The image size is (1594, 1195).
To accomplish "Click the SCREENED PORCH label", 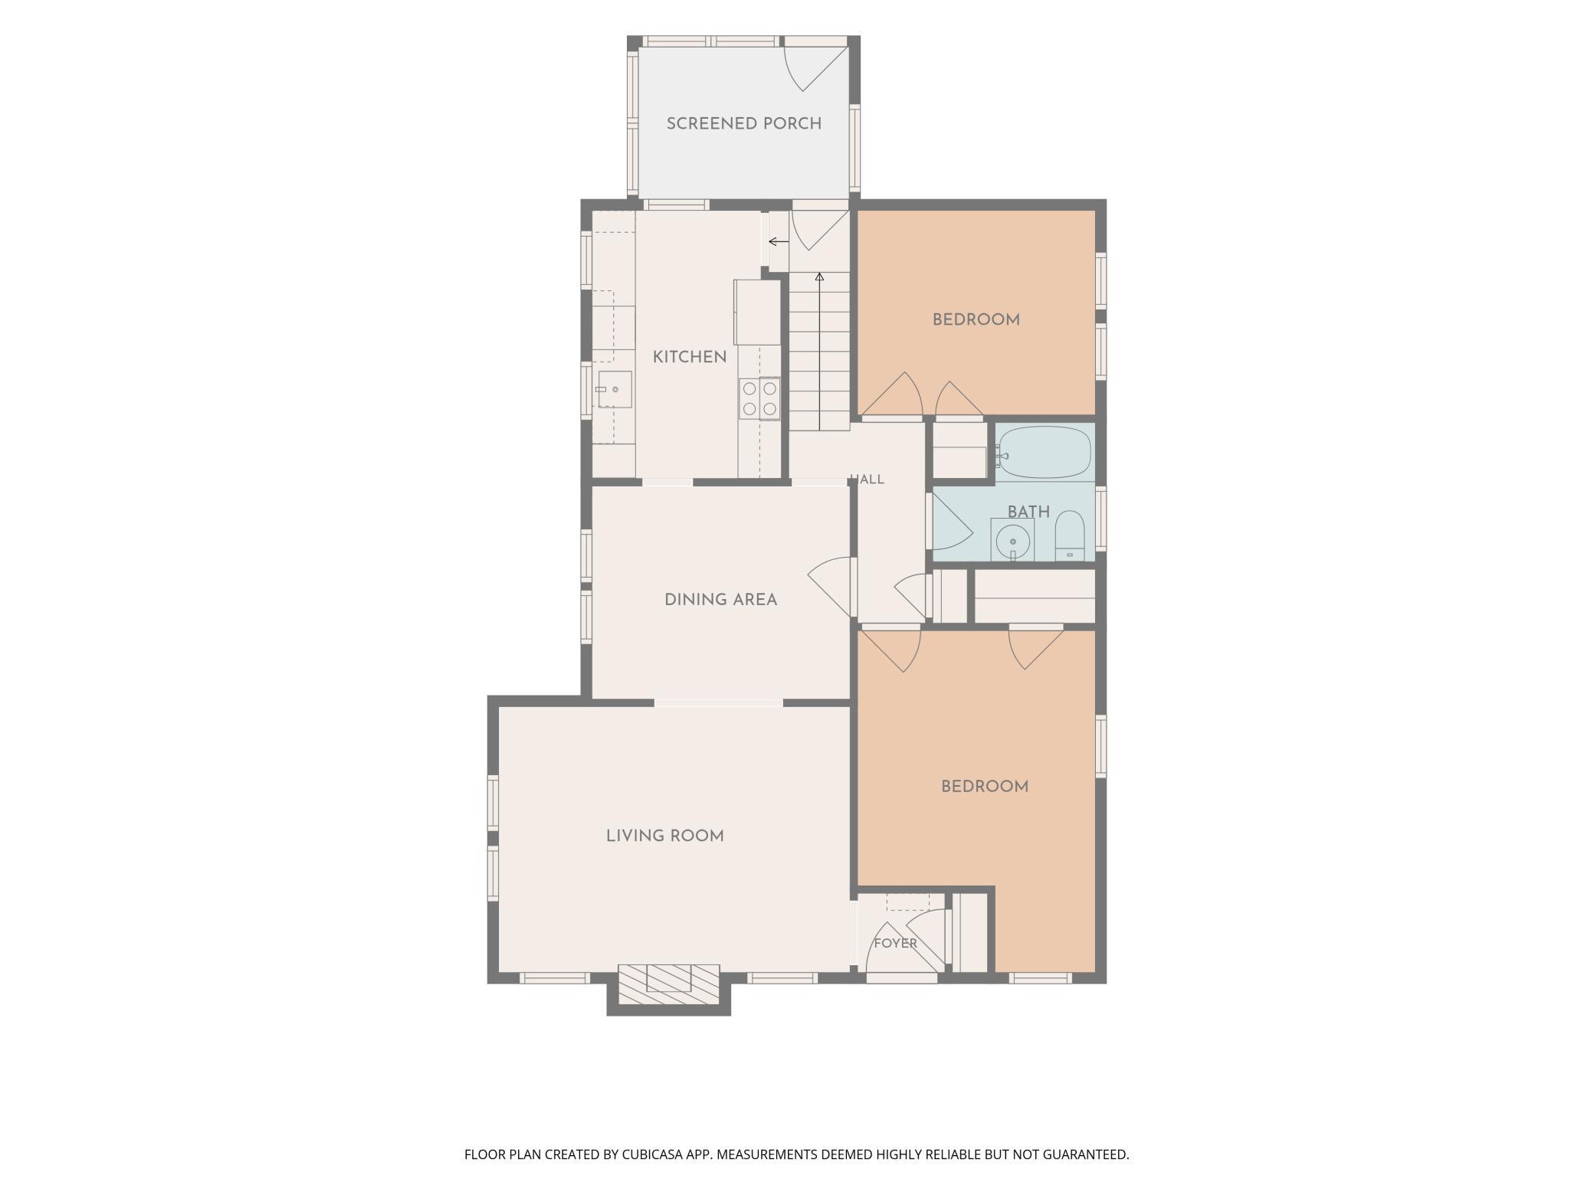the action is tap(743, 123).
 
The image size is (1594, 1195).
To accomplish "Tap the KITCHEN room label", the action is tap(690, 357).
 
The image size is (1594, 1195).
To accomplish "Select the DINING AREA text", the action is tap(720, 600).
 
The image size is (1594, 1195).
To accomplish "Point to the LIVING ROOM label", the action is tap(664, 836).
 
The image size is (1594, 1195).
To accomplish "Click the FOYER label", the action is tap(895, 943).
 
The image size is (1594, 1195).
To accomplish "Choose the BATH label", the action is tap(1028, 512).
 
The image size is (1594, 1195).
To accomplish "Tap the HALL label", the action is tap(868, 480).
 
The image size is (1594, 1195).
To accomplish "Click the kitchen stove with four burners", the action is tap(759, 398).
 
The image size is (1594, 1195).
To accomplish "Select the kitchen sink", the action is tap(614, 389).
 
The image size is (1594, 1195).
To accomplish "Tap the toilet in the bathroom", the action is tap(1070, 535).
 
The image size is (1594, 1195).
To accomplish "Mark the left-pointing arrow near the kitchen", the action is tap(779, 242).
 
